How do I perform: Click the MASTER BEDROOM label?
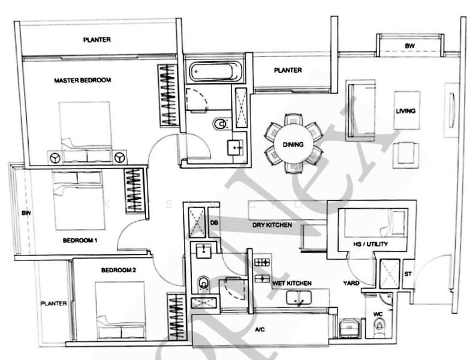82,80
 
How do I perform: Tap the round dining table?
294,145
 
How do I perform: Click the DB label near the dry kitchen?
214,223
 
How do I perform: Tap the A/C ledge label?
260,329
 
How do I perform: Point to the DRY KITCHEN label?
272,225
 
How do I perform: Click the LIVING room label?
405,111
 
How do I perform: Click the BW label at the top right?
409,46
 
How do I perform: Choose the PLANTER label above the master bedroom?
97,40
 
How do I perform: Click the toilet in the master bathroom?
219,124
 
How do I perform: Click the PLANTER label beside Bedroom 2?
53,304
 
